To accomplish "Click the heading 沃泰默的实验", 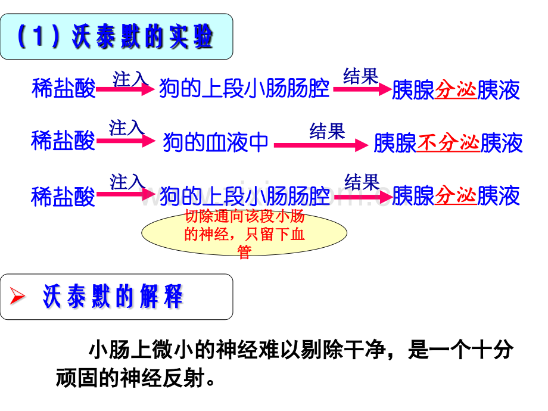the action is point(142,36).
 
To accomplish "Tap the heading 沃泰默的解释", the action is point(113,297).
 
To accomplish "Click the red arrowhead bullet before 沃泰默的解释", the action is point(17,296).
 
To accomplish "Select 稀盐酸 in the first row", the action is point(64,88).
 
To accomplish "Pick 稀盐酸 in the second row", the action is point(63,141).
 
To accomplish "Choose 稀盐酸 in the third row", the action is point(63,197).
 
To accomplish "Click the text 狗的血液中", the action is point(216,142).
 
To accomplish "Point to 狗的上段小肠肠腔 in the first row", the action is point(244,88).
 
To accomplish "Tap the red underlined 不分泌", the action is point(448,143).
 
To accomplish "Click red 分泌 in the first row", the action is point(456,90).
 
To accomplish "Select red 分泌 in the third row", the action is point(456,195).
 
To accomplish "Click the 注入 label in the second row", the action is point(126,127).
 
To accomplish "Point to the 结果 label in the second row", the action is point(327,131).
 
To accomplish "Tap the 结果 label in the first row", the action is point(361,76).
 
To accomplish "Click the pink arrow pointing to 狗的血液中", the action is point(126,141).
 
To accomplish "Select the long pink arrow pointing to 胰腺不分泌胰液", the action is point(321,145).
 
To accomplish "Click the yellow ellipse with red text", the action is point(244,233).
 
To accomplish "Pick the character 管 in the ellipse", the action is point(244,251).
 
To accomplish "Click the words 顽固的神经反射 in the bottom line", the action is point(130,378).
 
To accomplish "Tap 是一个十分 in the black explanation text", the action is point(460,350).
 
